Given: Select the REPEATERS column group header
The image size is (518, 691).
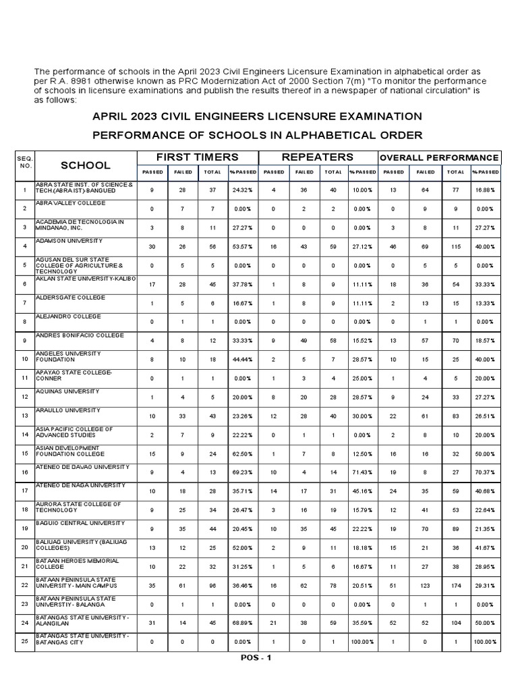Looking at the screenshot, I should pos(317,157).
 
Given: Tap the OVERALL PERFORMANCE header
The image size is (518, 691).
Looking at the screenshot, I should pos(439,157).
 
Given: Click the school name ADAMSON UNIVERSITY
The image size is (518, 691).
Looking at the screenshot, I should pos(68,241).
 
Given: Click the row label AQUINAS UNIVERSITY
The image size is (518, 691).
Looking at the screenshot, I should pos(67,391).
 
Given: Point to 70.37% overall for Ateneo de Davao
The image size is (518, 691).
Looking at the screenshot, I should pos(484,473).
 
